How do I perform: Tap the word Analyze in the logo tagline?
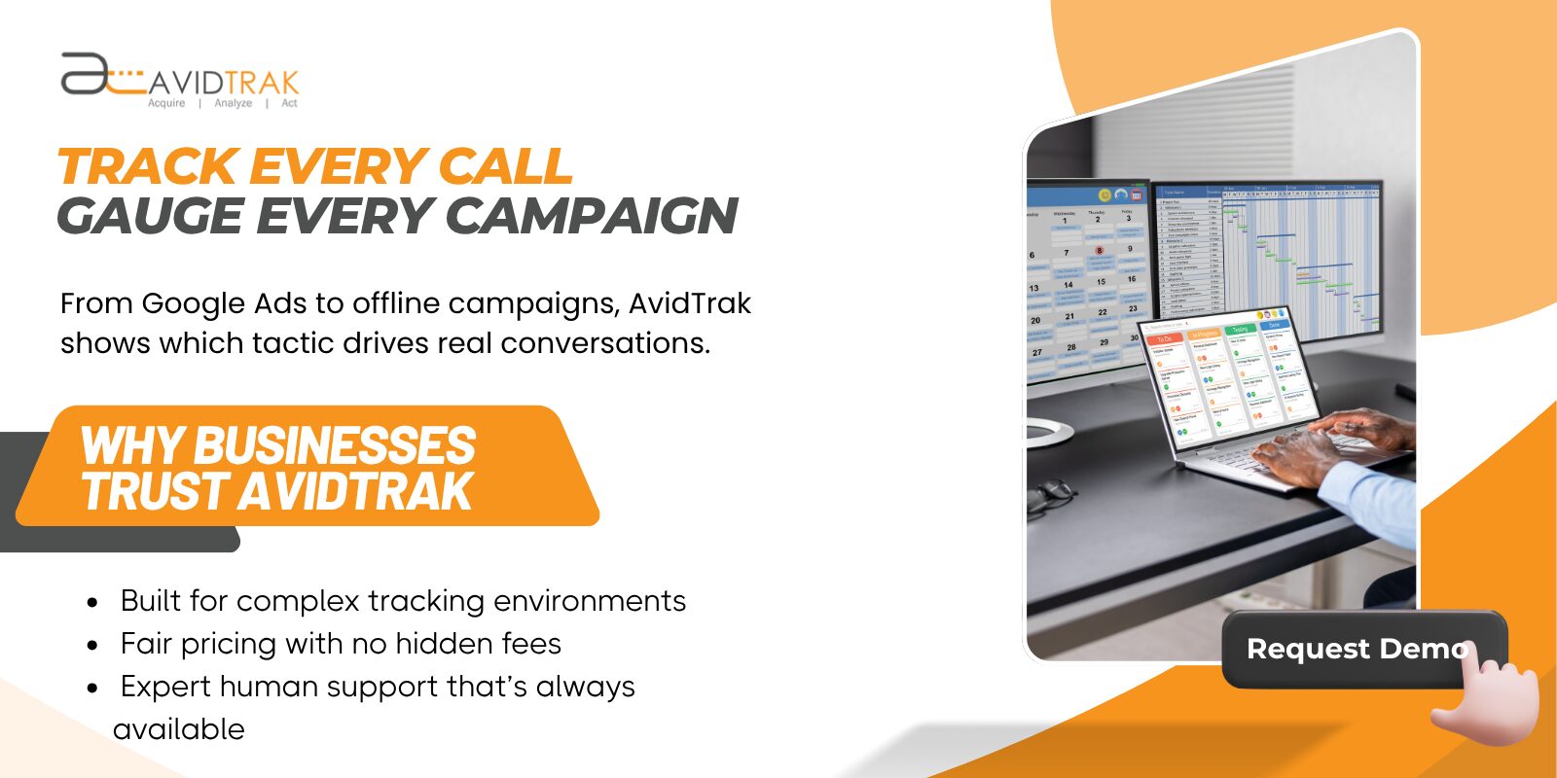pyautogui.click(x=234, y=103)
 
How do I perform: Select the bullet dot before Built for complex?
pyautogui.click(x=92, y=603)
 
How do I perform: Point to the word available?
pyautogui.click(x=179, y=729)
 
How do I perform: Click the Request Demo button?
pyautogui.click(x=1353, y=649)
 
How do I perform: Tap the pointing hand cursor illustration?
pyautogui.click(x=1489, y=700)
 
